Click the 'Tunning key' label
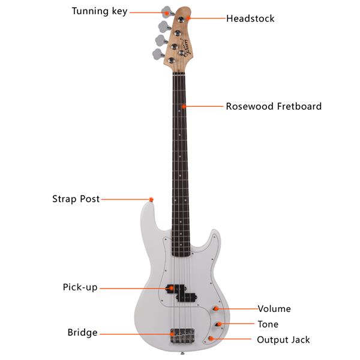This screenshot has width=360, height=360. (x=100, y=11)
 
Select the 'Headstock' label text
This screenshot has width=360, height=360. (x=250, y=19)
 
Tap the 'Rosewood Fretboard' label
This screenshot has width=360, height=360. (x=274, y=106)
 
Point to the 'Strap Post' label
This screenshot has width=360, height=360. (x=76, y=199)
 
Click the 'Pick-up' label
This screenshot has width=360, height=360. (x=80, y=287)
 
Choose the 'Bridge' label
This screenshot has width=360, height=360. (x=82, y=332)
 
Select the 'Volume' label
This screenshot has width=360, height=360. (x=274, y=309)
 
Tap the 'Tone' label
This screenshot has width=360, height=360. (x=268, y=324)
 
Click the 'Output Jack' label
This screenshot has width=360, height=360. (x=283, y=340)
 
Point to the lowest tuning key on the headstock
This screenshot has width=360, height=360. (x=158, y=55)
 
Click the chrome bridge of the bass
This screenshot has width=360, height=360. (x=182, y=335)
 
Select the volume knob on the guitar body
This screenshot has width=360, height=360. (x=215, y=308)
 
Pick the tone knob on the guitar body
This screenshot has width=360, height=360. (x=218, y=324)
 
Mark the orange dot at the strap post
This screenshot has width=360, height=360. (x=151, y=200)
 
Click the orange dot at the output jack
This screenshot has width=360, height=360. (x=211, y=338)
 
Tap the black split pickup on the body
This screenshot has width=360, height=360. (x=182, y=292)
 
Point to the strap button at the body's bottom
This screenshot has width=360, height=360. (x=182, y=353)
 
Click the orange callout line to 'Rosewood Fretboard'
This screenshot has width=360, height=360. (x=203, y=106)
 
